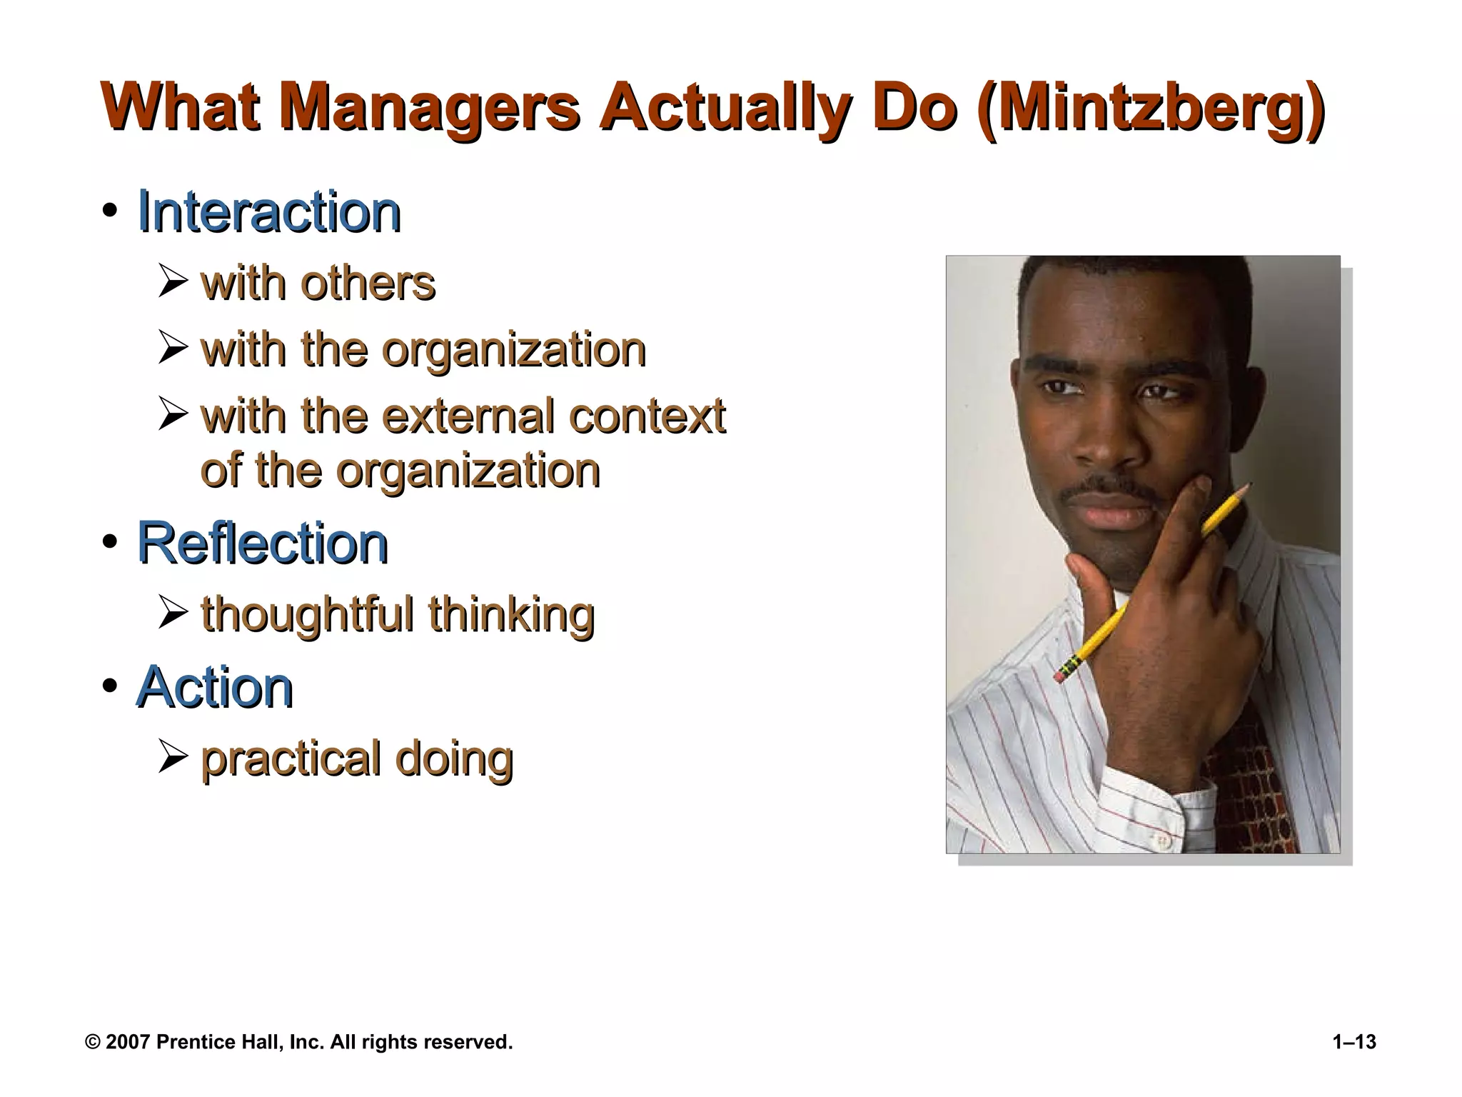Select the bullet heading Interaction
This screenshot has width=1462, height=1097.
click(x=269, y=212)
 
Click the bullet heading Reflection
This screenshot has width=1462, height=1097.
click(x=263, y=544)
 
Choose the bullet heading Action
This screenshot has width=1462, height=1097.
click(x=215, y=687)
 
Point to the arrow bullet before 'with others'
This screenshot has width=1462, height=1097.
click(x=173, y=282)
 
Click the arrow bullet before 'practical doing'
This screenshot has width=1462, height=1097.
click(x=173, y=757)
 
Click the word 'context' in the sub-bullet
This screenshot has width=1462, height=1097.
click(x=647, y=416)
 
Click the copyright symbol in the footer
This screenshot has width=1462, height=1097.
click(x=93, y=1042)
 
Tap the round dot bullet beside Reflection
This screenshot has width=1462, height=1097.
click(x=109, y=543)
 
